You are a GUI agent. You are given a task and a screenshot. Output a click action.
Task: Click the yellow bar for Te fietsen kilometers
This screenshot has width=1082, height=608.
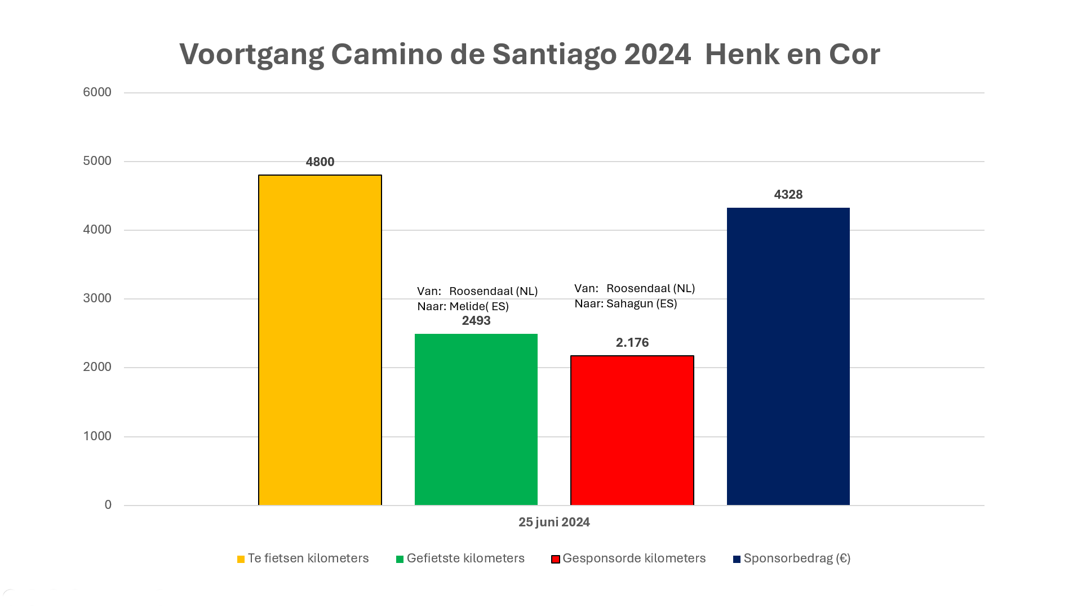320,340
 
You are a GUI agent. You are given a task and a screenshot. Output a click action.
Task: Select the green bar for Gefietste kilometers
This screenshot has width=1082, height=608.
476,419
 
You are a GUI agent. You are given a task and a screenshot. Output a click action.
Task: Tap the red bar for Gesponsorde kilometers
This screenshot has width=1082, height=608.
632,430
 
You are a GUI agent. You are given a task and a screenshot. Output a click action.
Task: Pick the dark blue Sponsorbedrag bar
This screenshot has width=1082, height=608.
788,356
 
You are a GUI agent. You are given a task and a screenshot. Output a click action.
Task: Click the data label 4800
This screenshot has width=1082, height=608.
320,162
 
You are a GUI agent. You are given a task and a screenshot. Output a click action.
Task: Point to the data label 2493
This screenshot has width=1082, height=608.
476,321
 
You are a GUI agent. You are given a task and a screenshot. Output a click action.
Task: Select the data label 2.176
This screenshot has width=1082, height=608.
632,343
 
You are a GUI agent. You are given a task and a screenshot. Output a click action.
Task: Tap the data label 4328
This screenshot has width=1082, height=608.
788,195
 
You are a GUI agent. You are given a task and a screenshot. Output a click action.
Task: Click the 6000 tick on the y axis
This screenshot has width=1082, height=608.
97,92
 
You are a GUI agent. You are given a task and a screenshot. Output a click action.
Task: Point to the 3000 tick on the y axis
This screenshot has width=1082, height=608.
97,298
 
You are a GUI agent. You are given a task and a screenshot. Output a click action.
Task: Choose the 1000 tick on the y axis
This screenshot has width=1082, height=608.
97,436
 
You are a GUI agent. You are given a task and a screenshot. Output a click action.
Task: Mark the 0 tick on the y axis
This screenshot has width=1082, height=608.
108,505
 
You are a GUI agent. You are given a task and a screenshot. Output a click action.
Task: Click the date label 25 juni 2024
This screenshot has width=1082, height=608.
554,522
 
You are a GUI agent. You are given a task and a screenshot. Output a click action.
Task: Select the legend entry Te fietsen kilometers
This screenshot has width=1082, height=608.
308,558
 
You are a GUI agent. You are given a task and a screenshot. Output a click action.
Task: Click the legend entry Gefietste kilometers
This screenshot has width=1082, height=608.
465,558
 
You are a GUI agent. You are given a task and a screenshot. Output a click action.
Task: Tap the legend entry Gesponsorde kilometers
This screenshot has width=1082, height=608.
633,558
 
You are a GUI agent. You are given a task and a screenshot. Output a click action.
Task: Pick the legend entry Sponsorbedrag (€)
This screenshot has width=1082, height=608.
796,558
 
